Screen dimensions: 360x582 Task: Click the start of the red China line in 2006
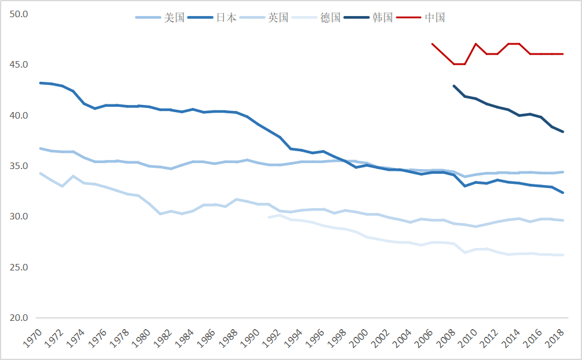[432, 44]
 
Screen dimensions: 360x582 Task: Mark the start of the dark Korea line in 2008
[454, 86]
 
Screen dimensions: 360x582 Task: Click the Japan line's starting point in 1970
[40, 83]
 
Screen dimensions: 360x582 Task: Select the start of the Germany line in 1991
[269, 217]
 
